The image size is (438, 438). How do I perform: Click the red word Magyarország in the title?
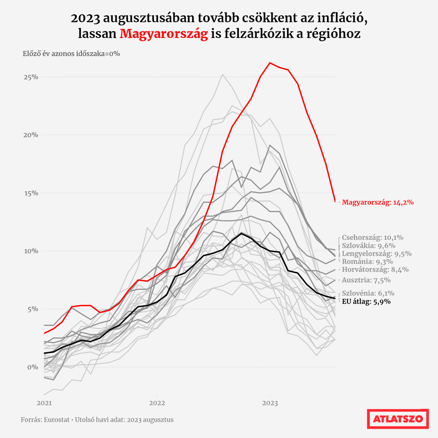164,34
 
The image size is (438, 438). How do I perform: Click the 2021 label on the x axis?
44,403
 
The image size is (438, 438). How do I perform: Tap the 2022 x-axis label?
157,403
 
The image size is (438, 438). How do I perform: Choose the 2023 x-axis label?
270,403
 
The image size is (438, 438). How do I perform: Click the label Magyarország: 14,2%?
378,202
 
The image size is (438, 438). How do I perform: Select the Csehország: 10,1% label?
372,237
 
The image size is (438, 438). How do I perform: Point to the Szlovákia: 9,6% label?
369,246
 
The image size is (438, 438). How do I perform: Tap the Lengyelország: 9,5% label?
377,254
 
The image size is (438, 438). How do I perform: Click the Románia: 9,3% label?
367,262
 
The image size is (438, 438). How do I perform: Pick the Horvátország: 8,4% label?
375,270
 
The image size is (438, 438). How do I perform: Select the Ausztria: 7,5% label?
366,280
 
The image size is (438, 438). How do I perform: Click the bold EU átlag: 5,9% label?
366,302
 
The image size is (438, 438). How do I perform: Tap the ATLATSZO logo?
398,419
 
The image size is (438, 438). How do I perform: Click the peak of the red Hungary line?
270,63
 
